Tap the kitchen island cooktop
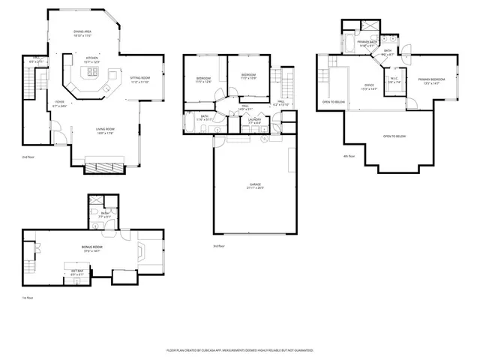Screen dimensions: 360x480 (x=92, y=73)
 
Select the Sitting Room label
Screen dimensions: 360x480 (x=139, y=79)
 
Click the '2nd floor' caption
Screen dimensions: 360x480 (x=28, y=158)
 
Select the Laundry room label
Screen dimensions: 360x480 (x=254, y=121)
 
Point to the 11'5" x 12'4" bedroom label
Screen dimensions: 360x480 (x=203, y=80)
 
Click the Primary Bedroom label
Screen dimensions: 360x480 (x=431, y=81)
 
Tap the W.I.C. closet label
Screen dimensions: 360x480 (x=394, y=82)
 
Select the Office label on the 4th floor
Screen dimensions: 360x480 (x=369, y=88)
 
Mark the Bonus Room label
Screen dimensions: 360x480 (x=91, y=248)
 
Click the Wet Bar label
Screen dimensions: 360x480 (x=78, y=271)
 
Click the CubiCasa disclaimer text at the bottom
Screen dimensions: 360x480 (x=239, y=350)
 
